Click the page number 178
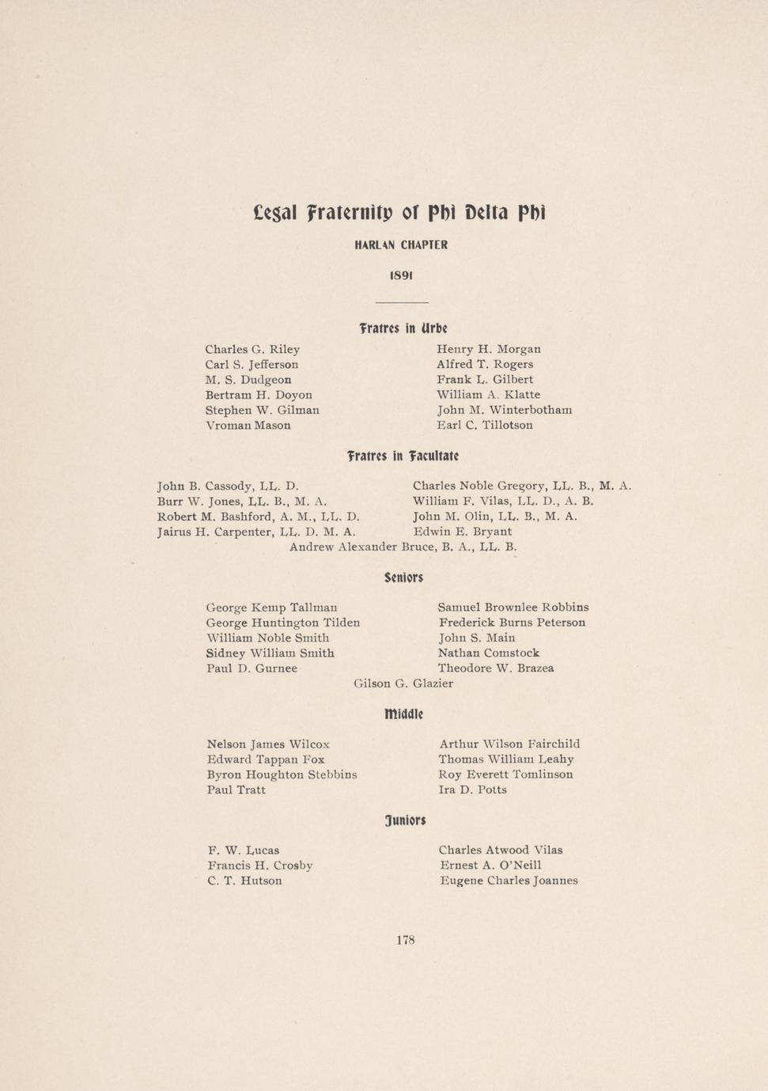[405, 940]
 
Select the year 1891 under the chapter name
[401, 275]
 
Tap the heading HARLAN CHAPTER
[401, 245]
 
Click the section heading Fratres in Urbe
[403, 328]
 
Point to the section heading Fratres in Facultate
[403, 456]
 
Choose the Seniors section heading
[403, 578]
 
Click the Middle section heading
[403, 714]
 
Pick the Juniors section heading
[405, 820]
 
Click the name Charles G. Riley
[252, 349]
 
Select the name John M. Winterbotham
[504, 410]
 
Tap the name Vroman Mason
[248, 426]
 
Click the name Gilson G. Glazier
[403, 684]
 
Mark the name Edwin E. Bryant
[462, 532]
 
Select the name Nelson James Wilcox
[268, 744]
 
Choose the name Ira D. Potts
[472, 790]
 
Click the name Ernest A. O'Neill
[490, 866]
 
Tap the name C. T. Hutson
[244, 881]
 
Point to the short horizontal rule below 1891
[401, 303]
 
